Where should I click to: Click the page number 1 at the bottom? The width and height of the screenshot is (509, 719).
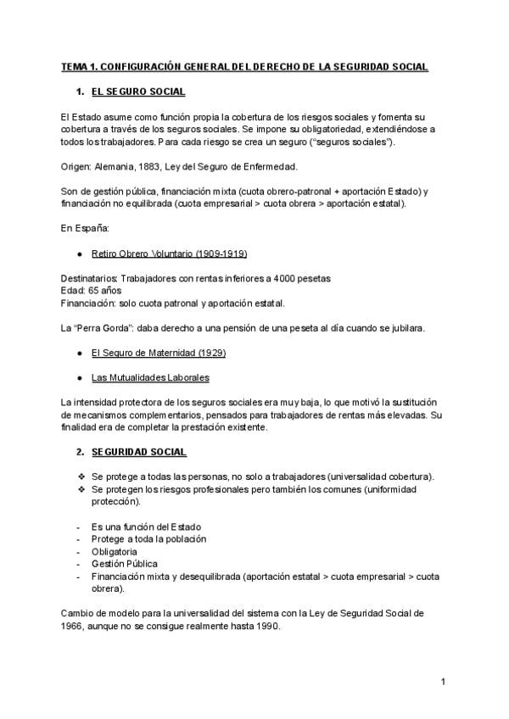pos(443,681)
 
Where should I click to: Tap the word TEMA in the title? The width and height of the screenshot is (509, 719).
pos(74,65)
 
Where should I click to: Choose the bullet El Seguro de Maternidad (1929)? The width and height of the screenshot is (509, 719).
pos(159,352)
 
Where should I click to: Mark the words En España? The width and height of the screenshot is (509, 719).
pos(81,228)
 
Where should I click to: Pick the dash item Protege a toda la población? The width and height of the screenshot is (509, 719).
pos(148,538)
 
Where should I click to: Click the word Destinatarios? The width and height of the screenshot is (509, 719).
pos(89,278)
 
